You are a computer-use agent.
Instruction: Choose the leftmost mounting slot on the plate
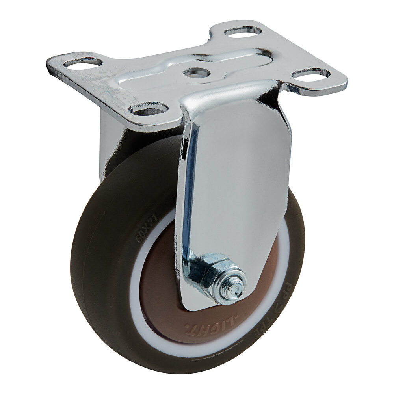click(x=83, y=62)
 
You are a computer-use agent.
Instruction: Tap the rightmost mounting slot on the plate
click(x=311, y=73)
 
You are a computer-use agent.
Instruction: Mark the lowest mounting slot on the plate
click(x=149, y=108)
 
